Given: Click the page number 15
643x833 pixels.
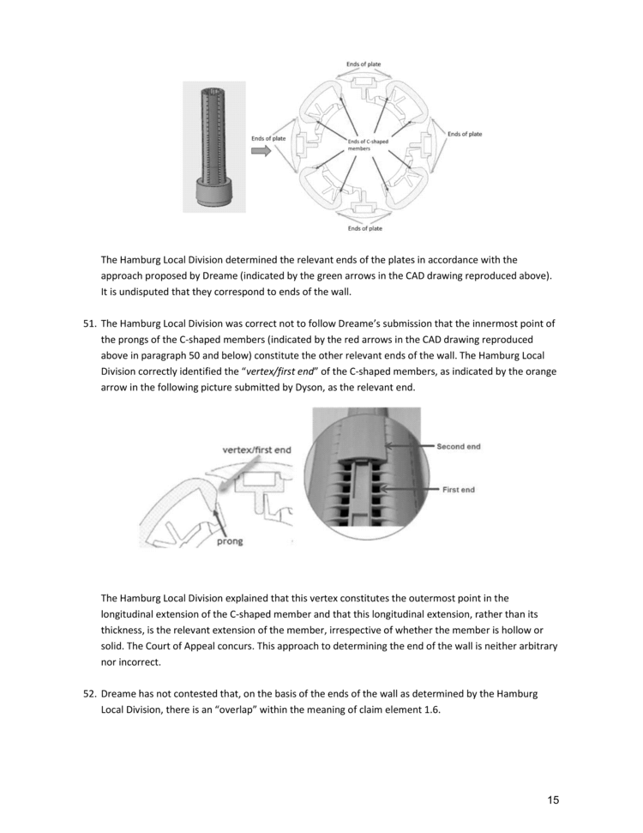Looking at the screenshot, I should click(553, 800).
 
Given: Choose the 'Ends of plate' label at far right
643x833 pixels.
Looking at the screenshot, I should click(465, 134).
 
